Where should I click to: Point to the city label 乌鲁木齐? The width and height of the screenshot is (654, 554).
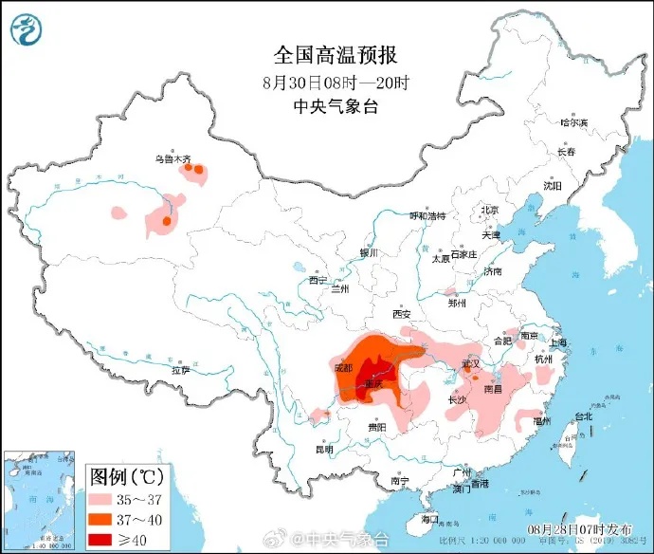click(x=173, y=159)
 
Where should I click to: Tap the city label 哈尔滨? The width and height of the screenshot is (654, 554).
click(x=572, y=122)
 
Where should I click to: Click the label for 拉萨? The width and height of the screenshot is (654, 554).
click(x=180, y=370)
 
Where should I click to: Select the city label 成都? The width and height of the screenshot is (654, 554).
click(x=342, y=366)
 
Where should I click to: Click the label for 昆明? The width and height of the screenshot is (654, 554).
click(x=323, y=450)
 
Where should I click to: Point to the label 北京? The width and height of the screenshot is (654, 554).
click(x=489, y=210)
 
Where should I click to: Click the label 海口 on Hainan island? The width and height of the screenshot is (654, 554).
click(x=429, y=519)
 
